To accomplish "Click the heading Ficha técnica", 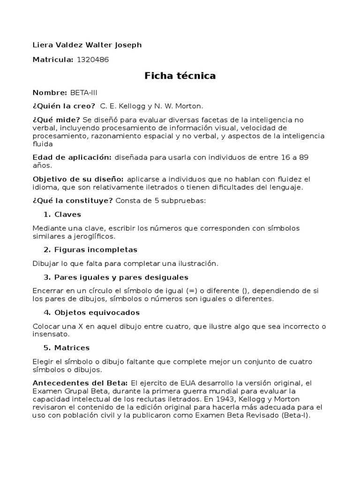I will pos(180,76).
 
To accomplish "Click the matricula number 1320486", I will pos(93,60).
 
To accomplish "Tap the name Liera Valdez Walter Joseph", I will pos(87,45).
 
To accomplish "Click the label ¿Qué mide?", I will pos(56,120).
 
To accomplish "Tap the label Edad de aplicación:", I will pos(72,157).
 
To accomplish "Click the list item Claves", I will pos(67,214).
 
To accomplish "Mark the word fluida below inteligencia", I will pos(43,144).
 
